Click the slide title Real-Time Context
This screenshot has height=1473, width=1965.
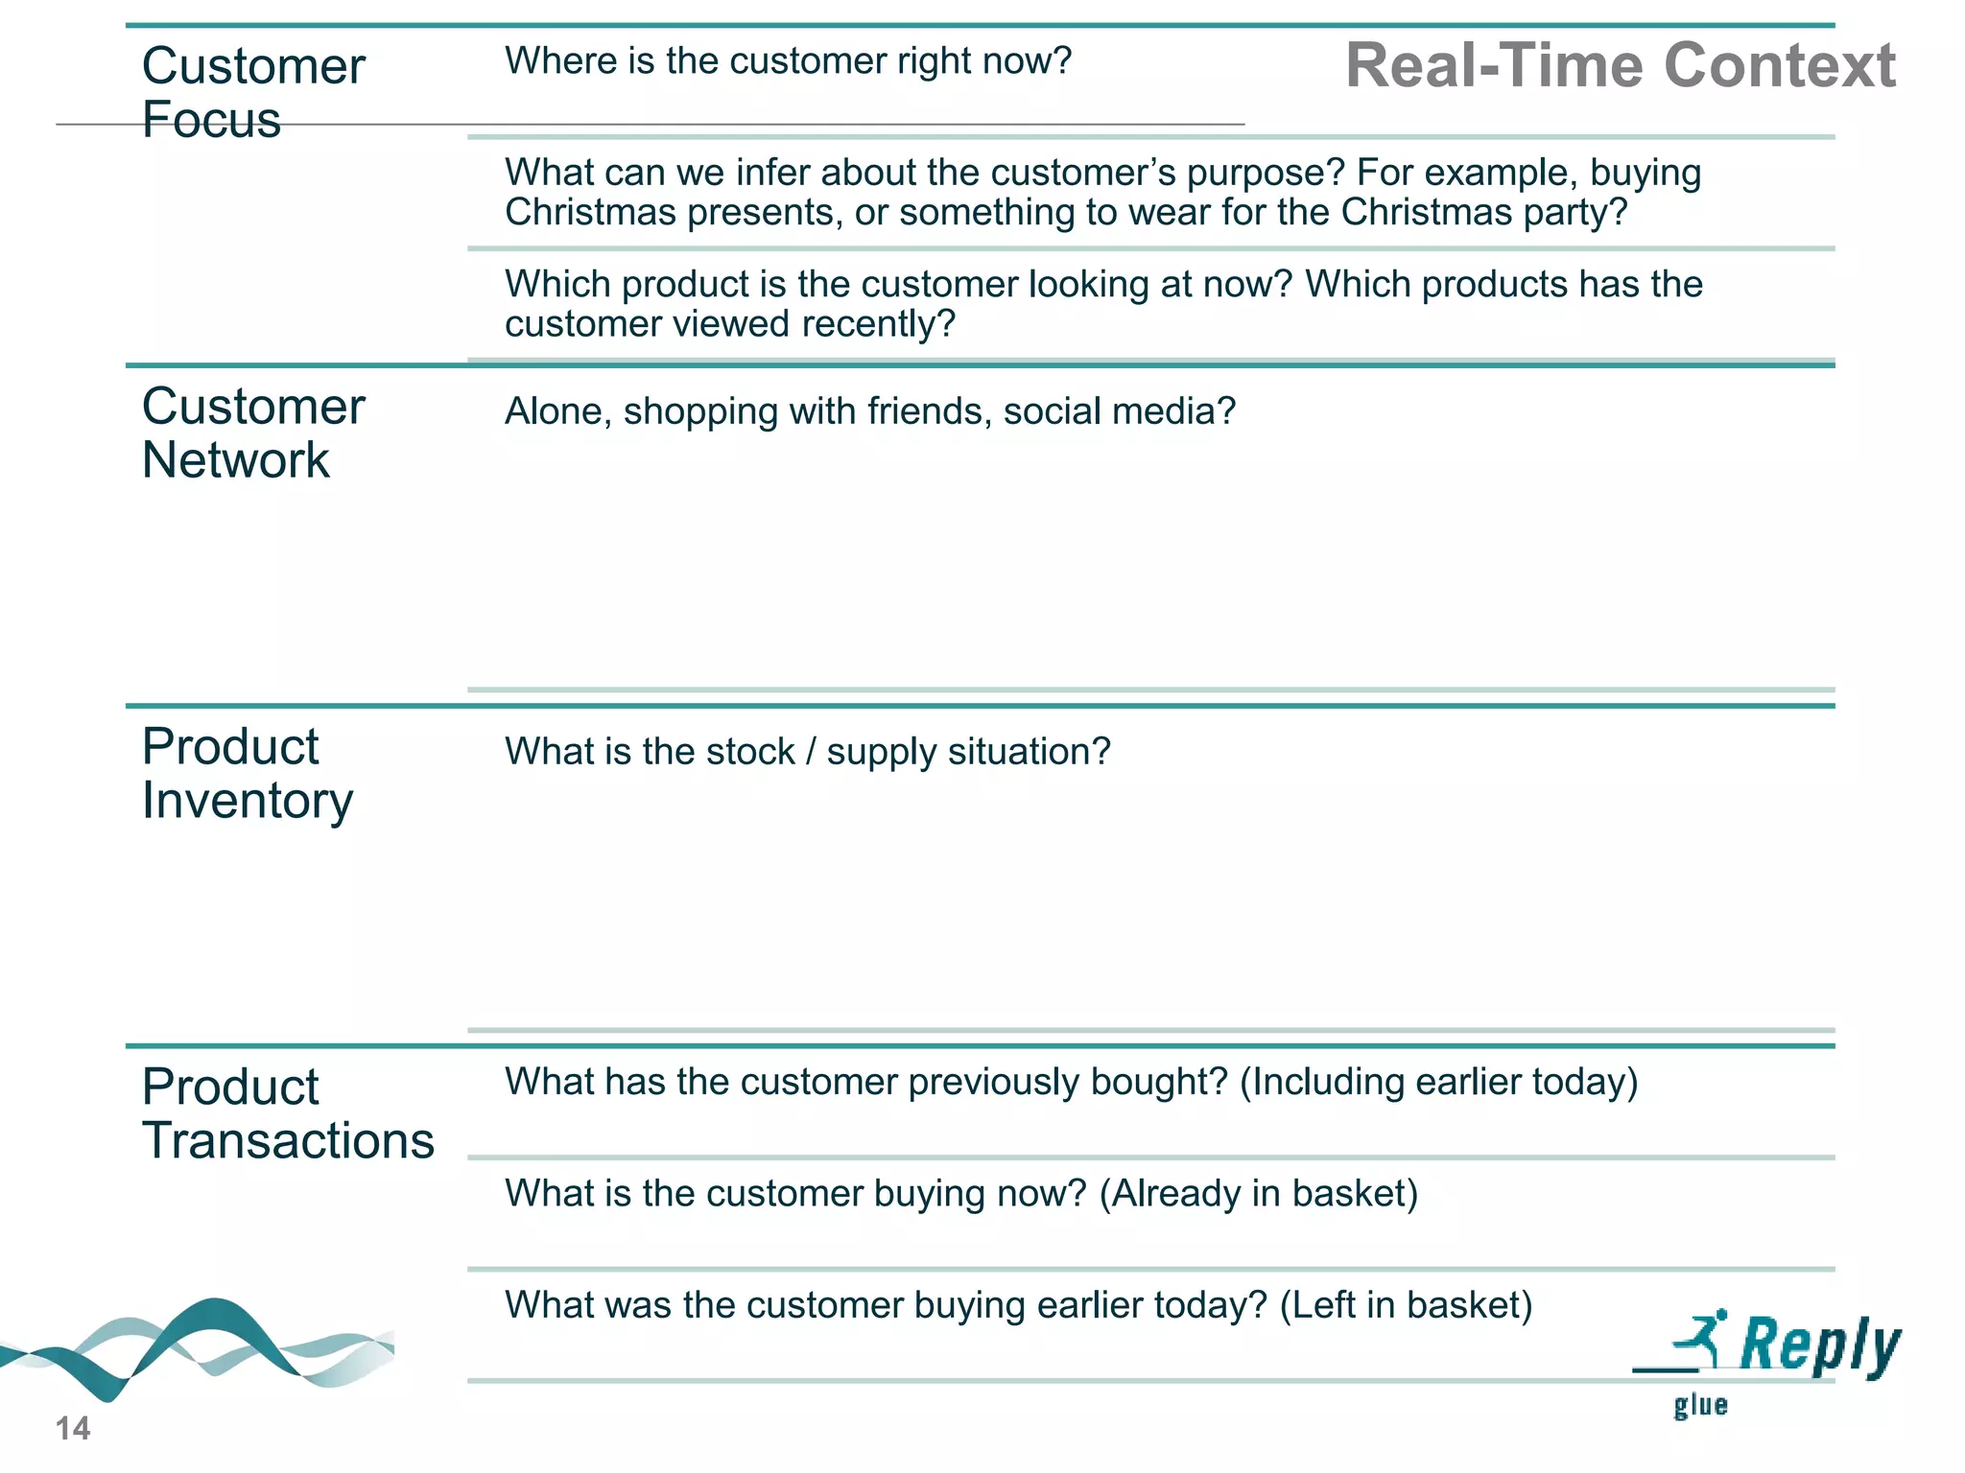click(1620, 65)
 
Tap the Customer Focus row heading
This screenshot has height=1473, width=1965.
click(252, 92)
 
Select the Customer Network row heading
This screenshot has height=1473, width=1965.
click(252, 433)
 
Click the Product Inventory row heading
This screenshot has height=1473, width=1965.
click(247, 773)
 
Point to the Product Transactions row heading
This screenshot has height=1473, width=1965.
click(287, 1113)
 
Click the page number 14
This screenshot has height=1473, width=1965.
click(73, 1429)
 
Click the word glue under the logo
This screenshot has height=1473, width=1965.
click(1700, 1406)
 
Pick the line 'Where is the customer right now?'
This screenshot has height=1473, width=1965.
click(788, 61)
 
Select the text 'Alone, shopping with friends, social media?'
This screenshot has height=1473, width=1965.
click(869, 411)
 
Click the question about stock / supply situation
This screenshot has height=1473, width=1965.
click(807, 752)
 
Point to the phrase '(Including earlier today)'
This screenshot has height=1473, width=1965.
click(1438, 1082)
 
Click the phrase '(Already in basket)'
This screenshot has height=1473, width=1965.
click(1258, 1194)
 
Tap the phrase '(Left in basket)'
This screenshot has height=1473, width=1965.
click(1406, 1305)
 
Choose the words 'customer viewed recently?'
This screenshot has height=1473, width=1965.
click(730, 324)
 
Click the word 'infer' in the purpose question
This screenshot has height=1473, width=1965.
click(773, 173)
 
